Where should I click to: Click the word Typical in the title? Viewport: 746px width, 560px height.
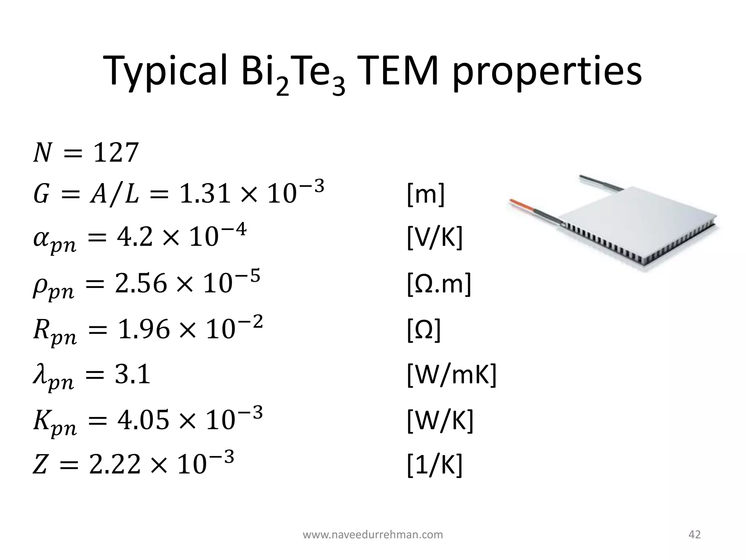166,73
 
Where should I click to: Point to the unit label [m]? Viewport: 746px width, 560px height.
425,195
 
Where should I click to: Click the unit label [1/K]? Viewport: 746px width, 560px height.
434,465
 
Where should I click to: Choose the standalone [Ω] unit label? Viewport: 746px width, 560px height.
424,330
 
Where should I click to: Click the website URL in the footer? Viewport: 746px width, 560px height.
373,535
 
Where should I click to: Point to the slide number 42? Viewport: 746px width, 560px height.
695,535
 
